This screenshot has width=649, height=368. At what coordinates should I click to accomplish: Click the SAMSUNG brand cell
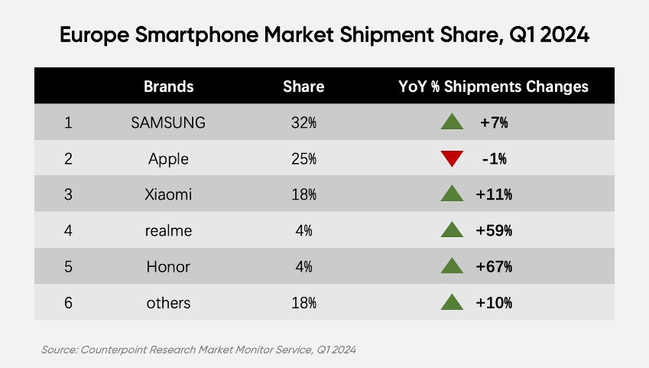(x=168, y=122)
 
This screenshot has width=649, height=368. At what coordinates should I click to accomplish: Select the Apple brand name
(x=168, y=159)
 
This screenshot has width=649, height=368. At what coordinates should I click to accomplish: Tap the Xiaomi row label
(x=168, y=195)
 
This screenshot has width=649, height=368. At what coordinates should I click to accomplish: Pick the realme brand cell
(x=168, y=231)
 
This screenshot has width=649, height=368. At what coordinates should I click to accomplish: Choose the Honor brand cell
(x=168, y=267)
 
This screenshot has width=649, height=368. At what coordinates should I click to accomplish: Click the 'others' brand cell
(x=168, y=303)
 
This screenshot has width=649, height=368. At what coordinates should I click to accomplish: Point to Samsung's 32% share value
(x=303, y=122)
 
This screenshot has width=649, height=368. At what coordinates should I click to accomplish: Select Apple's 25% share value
(x=303, y=159)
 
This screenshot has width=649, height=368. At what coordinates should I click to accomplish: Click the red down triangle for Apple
(x=453, y=159)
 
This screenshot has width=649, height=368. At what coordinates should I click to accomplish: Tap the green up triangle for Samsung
(x=453, y=122)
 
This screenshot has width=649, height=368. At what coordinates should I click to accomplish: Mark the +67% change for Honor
(x=494, y=267)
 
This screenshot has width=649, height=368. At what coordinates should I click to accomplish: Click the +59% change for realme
(x=494, y=231)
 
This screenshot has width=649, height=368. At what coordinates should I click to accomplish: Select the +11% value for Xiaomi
(x=494, y=195)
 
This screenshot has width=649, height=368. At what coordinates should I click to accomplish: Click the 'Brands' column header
(x=168, y=86)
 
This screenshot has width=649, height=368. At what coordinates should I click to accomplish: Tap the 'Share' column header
(x=303, y=86)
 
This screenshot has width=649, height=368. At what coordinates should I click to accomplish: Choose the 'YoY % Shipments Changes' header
(x=493, y=86)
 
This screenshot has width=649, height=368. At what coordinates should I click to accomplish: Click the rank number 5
(x=68, y=267)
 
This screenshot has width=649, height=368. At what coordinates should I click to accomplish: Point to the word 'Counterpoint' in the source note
(x=112, y=350)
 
